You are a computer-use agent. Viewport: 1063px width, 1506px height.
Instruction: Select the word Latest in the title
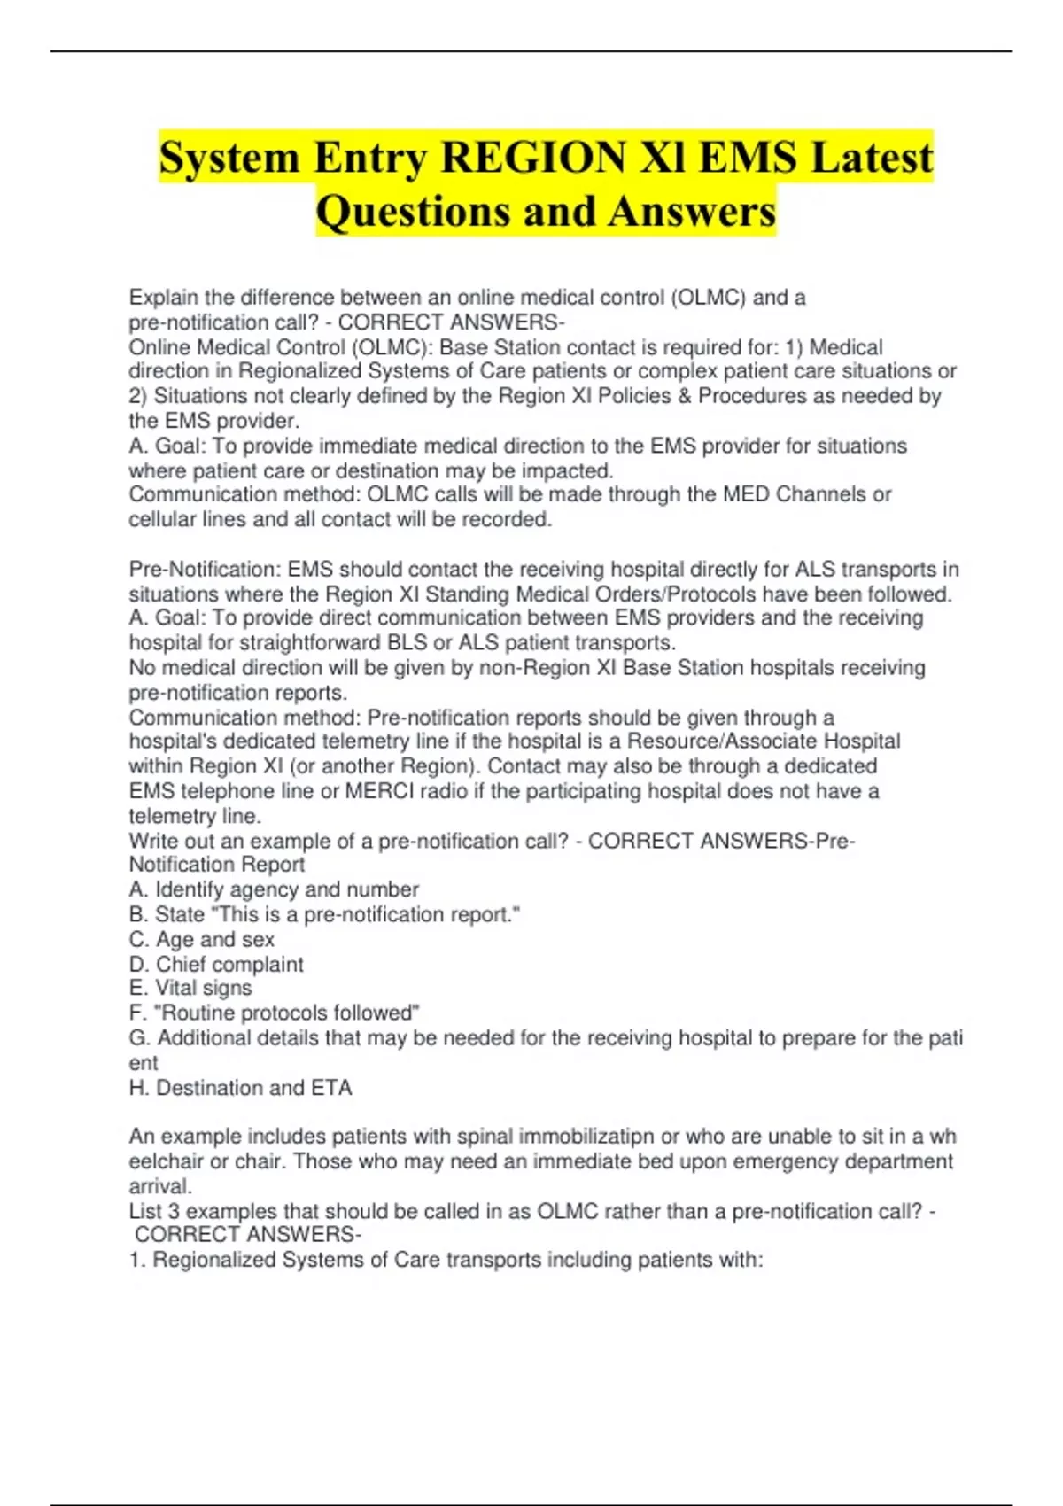coord(872,158)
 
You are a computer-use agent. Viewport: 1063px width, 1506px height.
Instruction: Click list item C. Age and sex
coord(202,939)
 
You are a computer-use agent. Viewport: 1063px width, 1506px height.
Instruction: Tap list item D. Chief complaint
coord(216,964)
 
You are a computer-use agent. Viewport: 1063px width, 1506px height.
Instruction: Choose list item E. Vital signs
coord(190,988)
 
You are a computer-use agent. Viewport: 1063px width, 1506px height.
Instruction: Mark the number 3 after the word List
coord(174,1211)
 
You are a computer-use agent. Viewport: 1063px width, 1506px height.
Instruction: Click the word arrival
coord(159,1186)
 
